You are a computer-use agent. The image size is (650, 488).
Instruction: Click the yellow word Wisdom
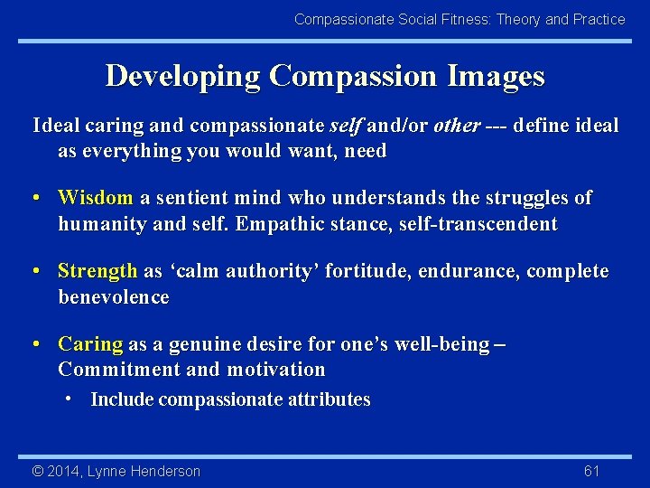coord(95,198)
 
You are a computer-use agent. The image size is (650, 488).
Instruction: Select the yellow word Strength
coord(97,272)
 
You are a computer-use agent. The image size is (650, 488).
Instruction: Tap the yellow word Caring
coord(90,344)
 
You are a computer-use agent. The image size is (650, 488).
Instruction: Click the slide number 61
coord(592,471)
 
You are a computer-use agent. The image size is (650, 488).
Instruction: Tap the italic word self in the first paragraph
coord(347,126)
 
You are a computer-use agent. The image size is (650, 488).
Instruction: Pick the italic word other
coord(456,126)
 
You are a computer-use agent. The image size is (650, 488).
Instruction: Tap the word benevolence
coord(114,297)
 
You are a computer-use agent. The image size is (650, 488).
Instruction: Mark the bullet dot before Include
coord(69,399)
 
